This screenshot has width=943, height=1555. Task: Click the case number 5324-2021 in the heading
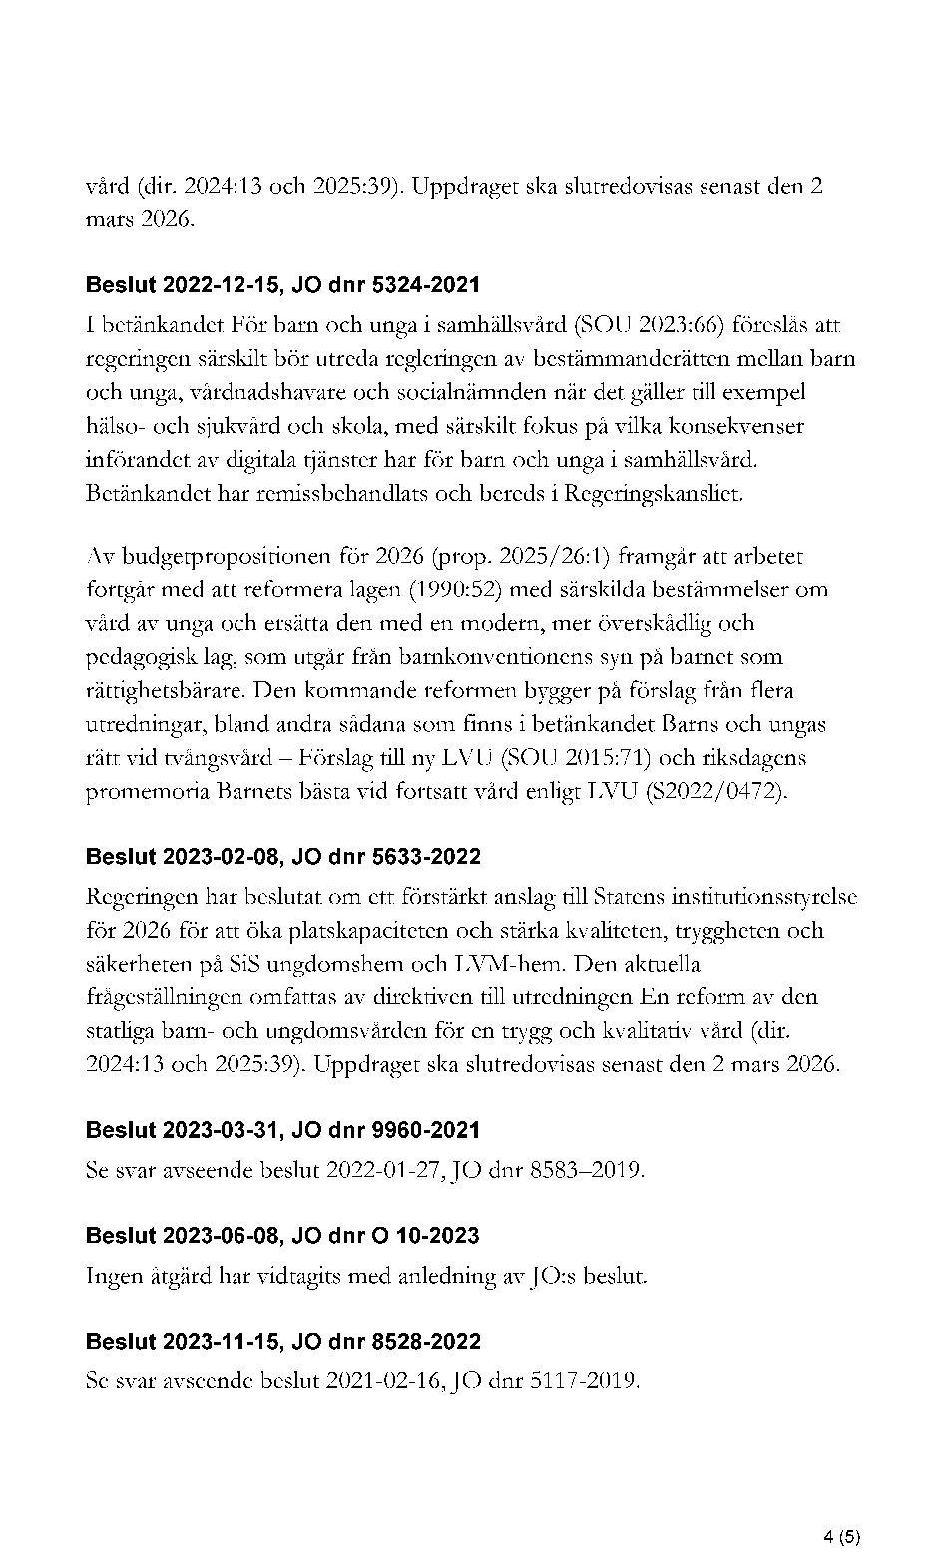425,285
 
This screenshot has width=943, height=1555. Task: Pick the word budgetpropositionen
218,556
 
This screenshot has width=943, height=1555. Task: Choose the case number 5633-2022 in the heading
425,857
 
